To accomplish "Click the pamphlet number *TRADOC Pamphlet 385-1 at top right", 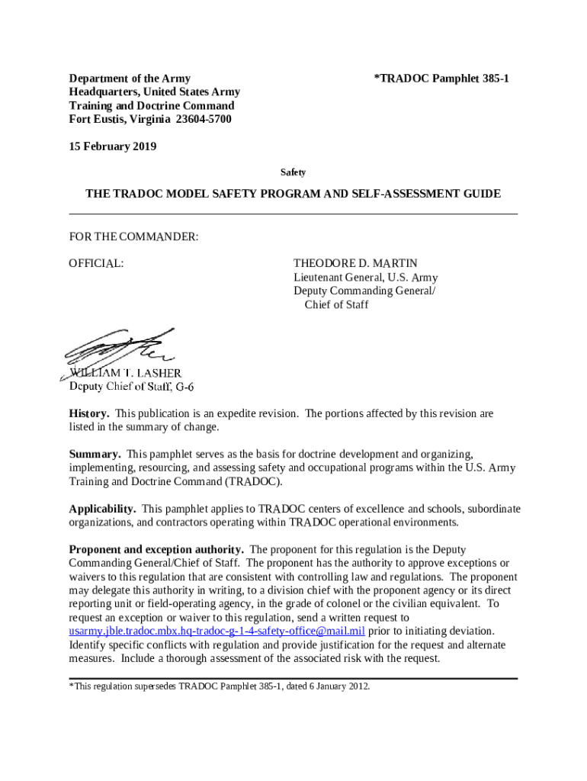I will pos(441,79).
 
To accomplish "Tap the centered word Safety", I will pos(293,173).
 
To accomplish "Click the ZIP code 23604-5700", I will pos(204,120).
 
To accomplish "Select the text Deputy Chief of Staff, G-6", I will pos(132,386).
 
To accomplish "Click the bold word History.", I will pos(88,413).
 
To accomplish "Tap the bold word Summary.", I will pos(95,454).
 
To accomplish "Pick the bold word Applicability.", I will pos(103,509).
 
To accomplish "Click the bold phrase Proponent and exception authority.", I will pos(156,549).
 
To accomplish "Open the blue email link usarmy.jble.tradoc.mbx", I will pos(217,631).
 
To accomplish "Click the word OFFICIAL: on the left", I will pos(97,263).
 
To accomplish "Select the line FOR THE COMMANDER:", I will pos(134,237).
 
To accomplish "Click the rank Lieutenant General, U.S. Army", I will pos(366,277).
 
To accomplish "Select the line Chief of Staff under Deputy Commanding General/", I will pos(336,304).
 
